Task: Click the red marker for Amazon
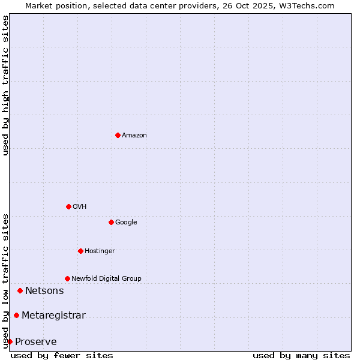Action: pos(118,135)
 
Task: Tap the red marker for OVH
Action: pos(68,206)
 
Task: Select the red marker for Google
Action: pos(111,222)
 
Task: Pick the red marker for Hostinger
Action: pos(80,251)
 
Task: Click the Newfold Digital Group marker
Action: pos(67,278)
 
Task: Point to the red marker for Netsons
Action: pos(20,290)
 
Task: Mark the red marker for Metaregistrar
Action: pos(16,315)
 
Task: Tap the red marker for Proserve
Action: pos(10,341)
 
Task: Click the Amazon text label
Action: pos(134,136)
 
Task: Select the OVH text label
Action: pos(80,207)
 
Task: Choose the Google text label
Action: pos(126,223)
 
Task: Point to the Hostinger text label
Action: pos(100,251)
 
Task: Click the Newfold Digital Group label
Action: pos(106,279)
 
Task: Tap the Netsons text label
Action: pos(44,291)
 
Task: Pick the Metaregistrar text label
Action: pos(53,316)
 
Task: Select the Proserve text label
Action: pos(36,342)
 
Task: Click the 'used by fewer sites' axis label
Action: pos(62,355)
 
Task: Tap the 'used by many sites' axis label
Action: pos(301,355)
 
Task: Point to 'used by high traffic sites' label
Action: pos(5,85)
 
